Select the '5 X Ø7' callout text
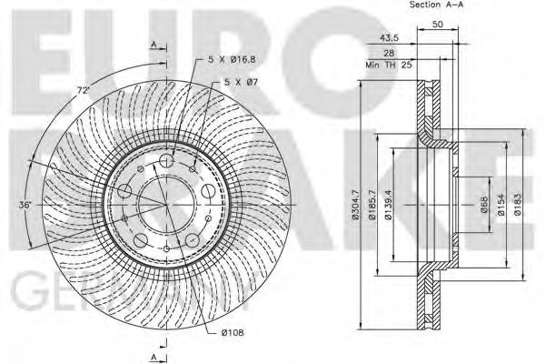click(240, 84)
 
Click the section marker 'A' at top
click(154, 45)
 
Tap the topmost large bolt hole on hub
click(166, 161)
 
